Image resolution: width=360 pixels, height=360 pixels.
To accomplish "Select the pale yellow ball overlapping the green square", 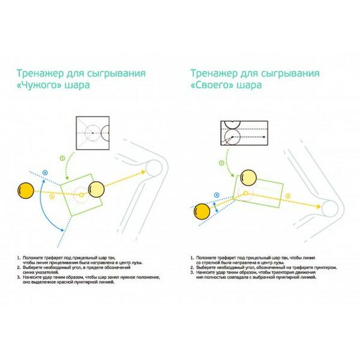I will click(x=97, y=188).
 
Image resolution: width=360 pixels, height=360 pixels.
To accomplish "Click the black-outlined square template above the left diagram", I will click(x=92, y=133).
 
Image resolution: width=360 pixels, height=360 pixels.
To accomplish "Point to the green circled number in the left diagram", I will click(x=61, y=157).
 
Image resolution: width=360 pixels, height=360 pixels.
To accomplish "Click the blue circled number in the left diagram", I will click(x=45, y=172).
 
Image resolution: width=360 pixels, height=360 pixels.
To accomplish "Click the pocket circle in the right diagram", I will click(x=330, y=207).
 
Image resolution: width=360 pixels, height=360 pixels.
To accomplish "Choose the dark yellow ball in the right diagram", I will click(x=202, y=211).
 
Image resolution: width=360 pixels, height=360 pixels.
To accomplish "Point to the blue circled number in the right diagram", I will click(x=217, y=195).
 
